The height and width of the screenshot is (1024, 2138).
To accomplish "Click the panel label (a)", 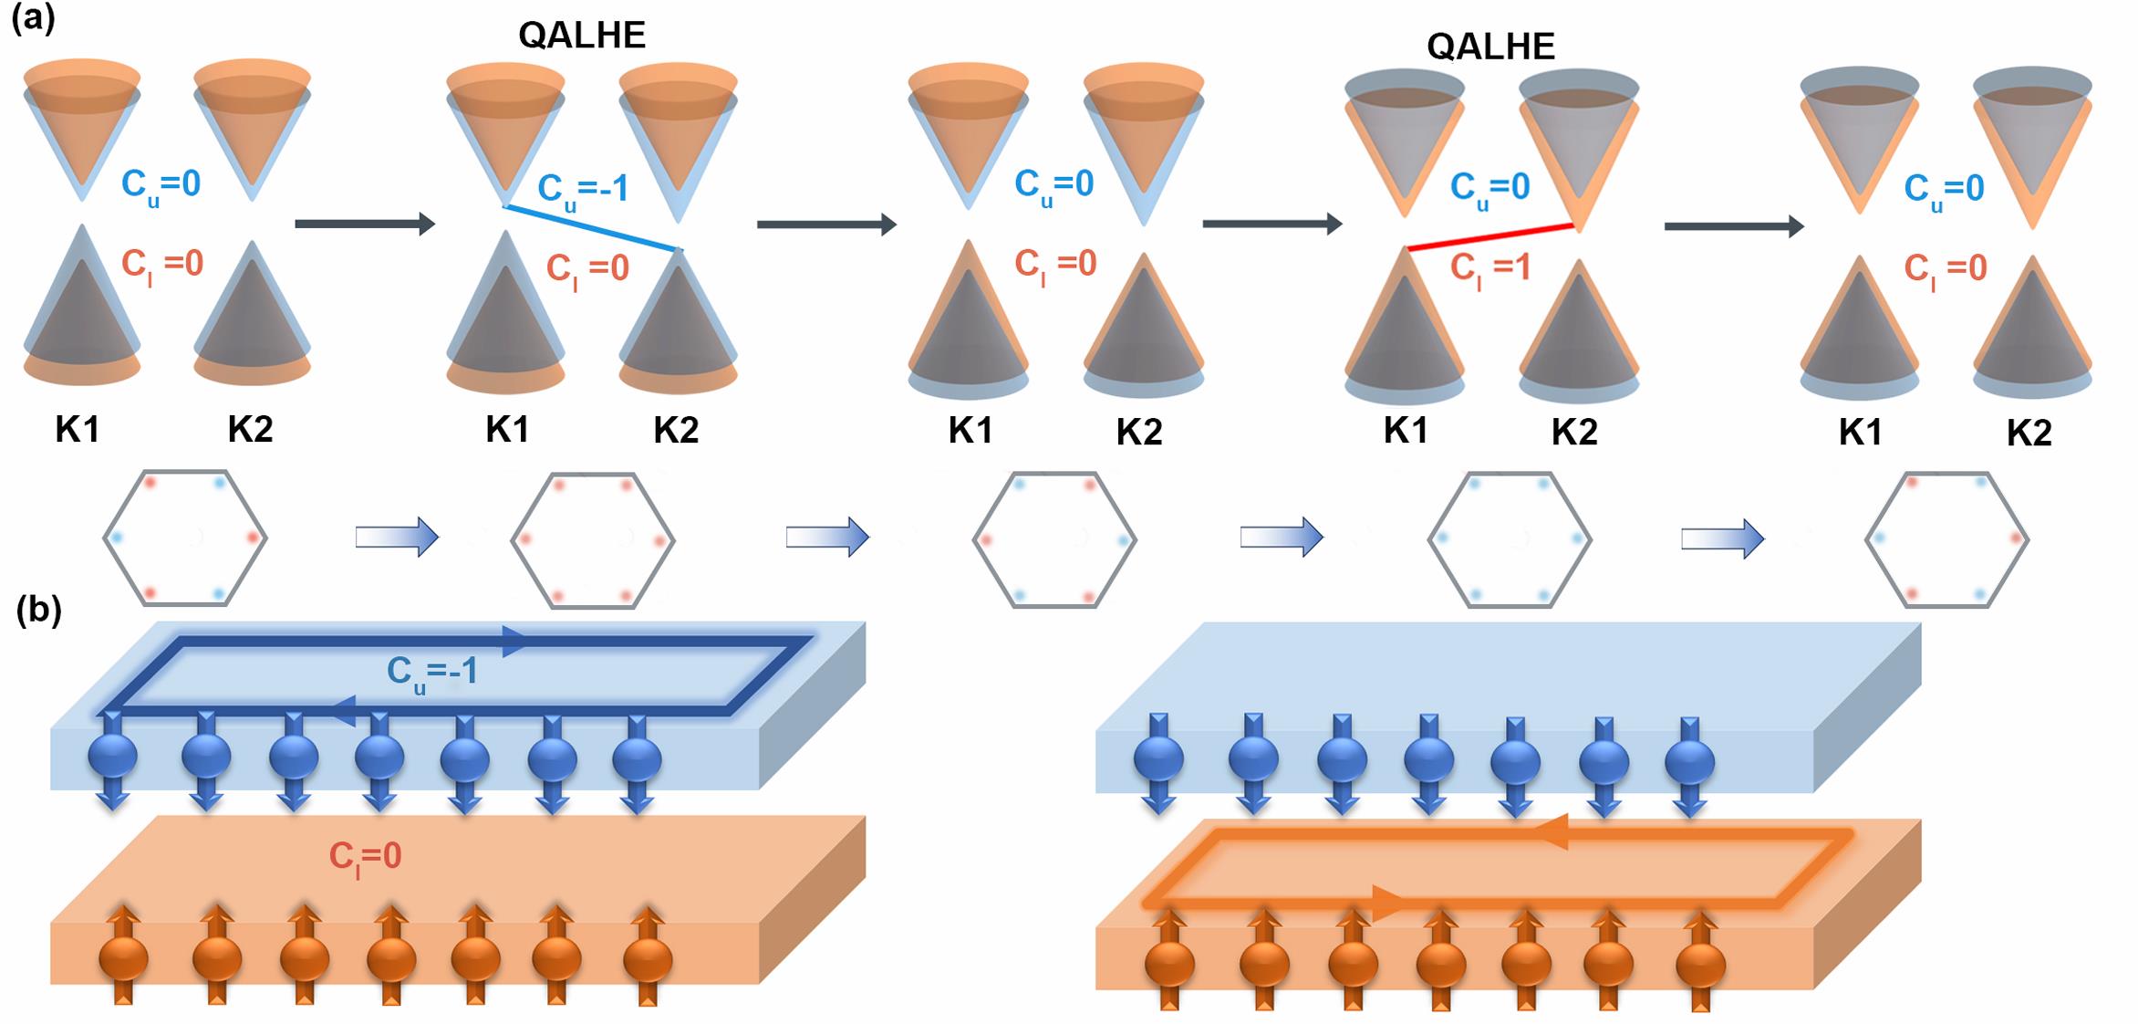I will pos(33,19).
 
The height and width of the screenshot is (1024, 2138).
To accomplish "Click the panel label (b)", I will pos(38,611).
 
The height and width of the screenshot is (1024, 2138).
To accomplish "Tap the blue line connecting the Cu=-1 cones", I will pos(592,227).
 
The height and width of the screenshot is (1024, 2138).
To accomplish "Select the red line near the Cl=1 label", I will pos(1490,236).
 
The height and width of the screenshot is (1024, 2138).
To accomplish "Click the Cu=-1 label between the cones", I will pos(583,190).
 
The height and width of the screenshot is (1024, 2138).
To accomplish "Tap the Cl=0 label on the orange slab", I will pos(365,856).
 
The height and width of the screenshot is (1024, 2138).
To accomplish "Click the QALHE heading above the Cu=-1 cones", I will pos(582,36).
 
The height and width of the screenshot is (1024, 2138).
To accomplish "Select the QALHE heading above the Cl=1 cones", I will pos(1490,46).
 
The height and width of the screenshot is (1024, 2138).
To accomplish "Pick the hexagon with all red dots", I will pos(593,539).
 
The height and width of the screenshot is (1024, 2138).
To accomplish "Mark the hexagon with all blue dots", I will pos(1510,539).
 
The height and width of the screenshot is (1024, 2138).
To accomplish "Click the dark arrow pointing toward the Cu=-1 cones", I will pos(365,223).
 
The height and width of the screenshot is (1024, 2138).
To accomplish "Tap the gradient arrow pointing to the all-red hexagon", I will pos(397,538).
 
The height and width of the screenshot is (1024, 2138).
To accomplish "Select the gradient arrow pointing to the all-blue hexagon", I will pos(1281,538).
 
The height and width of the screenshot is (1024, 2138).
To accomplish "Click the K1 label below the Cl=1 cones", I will pos(1405,431).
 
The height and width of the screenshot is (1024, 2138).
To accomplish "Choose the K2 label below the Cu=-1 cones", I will pos(676,430).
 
